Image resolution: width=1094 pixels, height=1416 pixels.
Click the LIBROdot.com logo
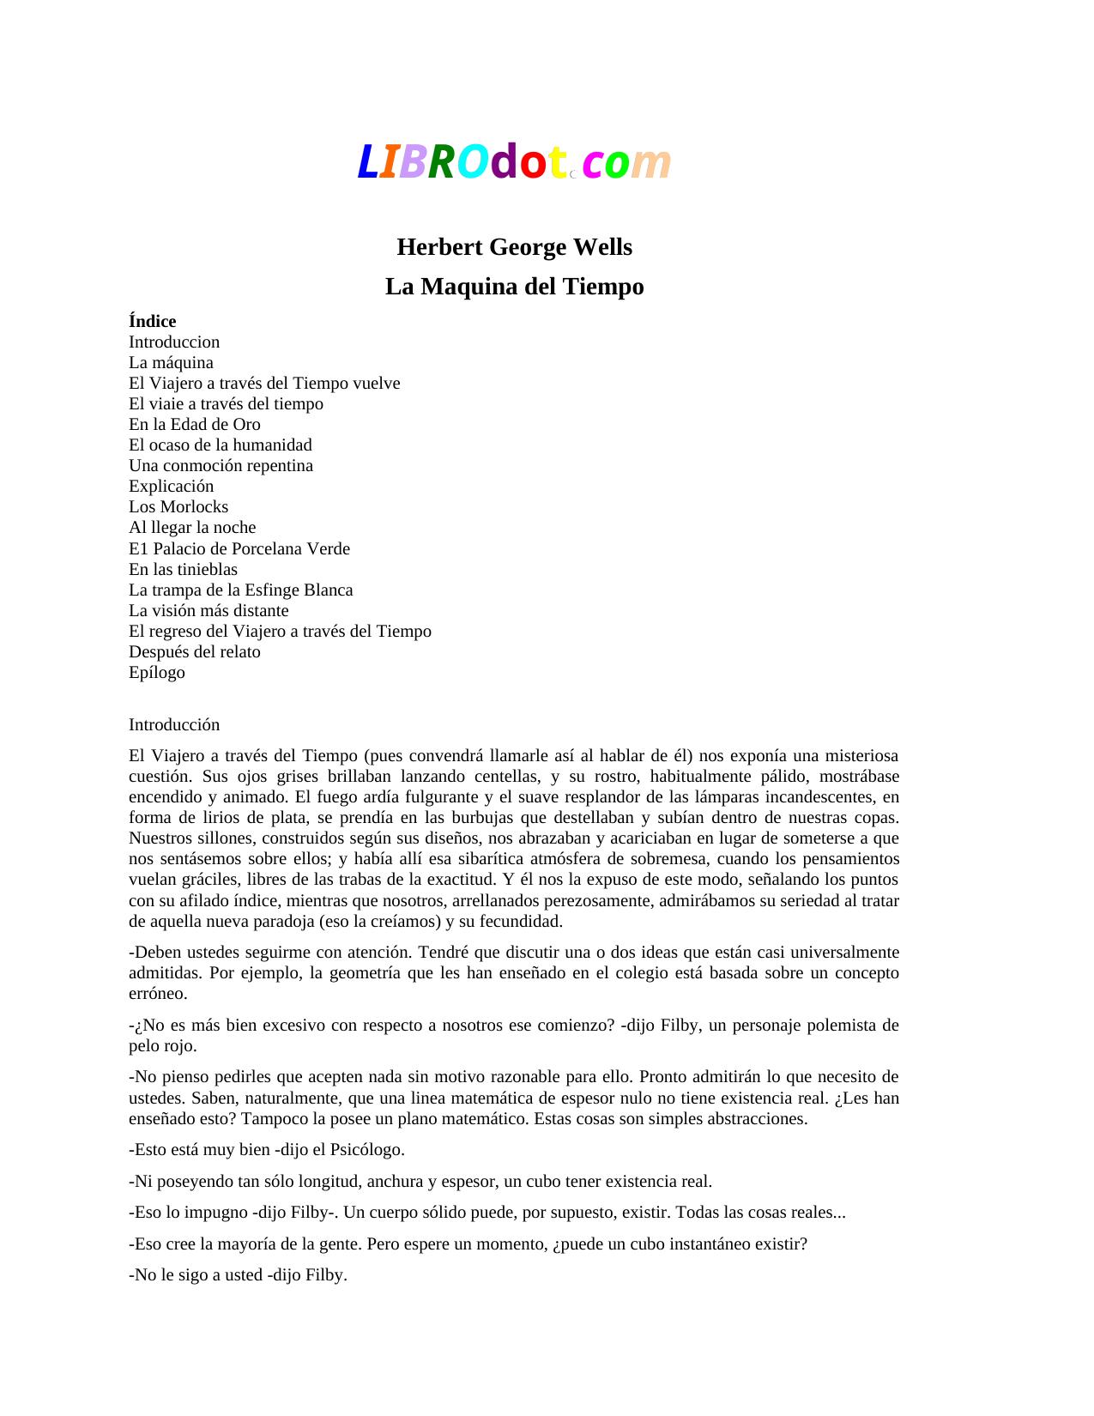[x=513, y=161]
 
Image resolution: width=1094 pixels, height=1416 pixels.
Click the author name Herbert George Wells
[x=514, y=247]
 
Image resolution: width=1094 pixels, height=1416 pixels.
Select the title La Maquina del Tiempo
[x=514, y=287]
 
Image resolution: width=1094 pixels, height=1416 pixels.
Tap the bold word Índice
[x=152, y=322]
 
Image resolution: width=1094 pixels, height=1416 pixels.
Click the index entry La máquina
[x=171, y=363]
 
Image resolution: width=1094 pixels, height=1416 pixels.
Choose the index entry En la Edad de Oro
[x=194, y=425]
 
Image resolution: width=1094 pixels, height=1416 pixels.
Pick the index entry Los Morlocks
[x=178, y=507]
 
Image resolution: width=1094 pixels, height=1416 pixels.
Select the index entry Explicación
[x=171, y=487]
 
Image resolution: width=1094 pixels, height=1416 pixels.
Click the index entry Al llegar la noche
[x=192, y=528]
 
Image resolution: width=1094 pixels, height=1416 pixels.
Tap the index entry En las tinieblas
[x=183, y=570]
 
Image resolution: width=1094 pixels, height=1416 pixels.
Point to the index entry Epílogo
[x=156, y=673]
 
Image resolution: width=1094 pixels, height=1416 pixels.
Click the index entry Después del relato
[x=194, y=652]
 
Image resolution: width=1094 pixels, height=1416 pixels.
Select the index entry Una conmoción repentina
[x=221, y=466]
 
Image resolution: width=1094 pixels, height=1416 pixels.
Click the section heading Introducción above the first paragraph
[x=174, y=725]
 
